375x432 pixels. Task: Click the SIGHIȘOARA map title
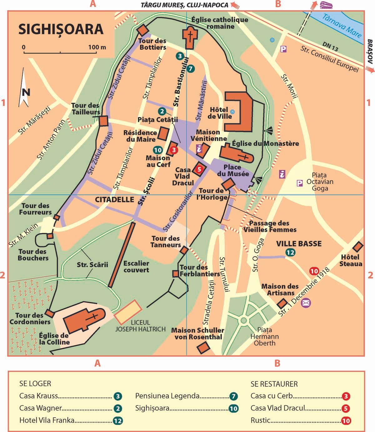[x=61, y=29]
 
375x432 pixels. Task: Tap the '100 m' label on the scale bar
[x=97, y=47]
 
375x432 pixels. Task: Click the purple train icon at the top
[x=325, y=5]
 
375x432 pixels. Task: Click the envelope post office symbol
[x=306, y=302]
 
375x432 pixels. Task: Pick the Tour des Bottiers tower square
[x=143, y=30]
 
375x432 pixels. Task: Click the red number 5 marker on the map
[x=200, y=169]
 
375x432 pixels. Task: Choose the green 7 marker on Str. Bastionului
[x=191, y=68]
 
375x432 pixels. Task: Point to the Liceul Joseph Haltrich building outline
[x=128, y=311]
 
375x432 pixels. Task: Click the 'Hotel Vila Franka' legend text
[x=47, y=420]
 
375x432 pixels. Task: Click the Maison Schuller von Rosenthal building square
[x=203, y=347]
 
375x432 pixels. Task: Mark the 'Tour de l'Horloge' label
[x=211, y=194]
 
